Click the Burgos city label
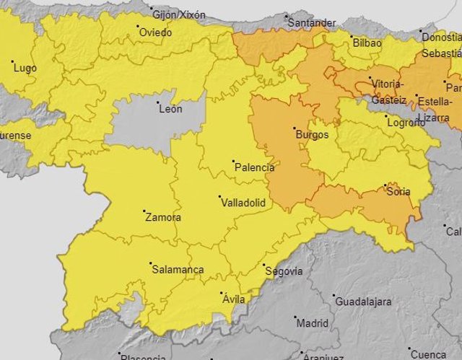(x=312, y=135)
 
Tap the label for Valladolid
(x=243, y=203)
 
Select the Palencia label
(x=254, y=168)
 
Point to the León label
(x=170, y=110)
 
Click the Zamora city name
(x=162, y=217)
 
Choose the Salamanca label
(x=178, y=271)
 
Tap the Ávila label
(x=234, y=299)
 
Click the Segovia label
(x=284, y=272)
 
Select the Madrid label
(x=312, y=323)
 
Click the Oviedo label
(x=155, y=32)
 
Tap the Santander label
(x=312, y=23)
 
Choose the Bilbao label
(x=367, y=44)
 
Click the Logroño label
(x=406, y=122)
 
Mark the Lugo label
(x=25, y=68)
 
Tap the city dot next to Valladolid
(x=221, y=196)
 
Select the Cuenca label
(x=429, y=354)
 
